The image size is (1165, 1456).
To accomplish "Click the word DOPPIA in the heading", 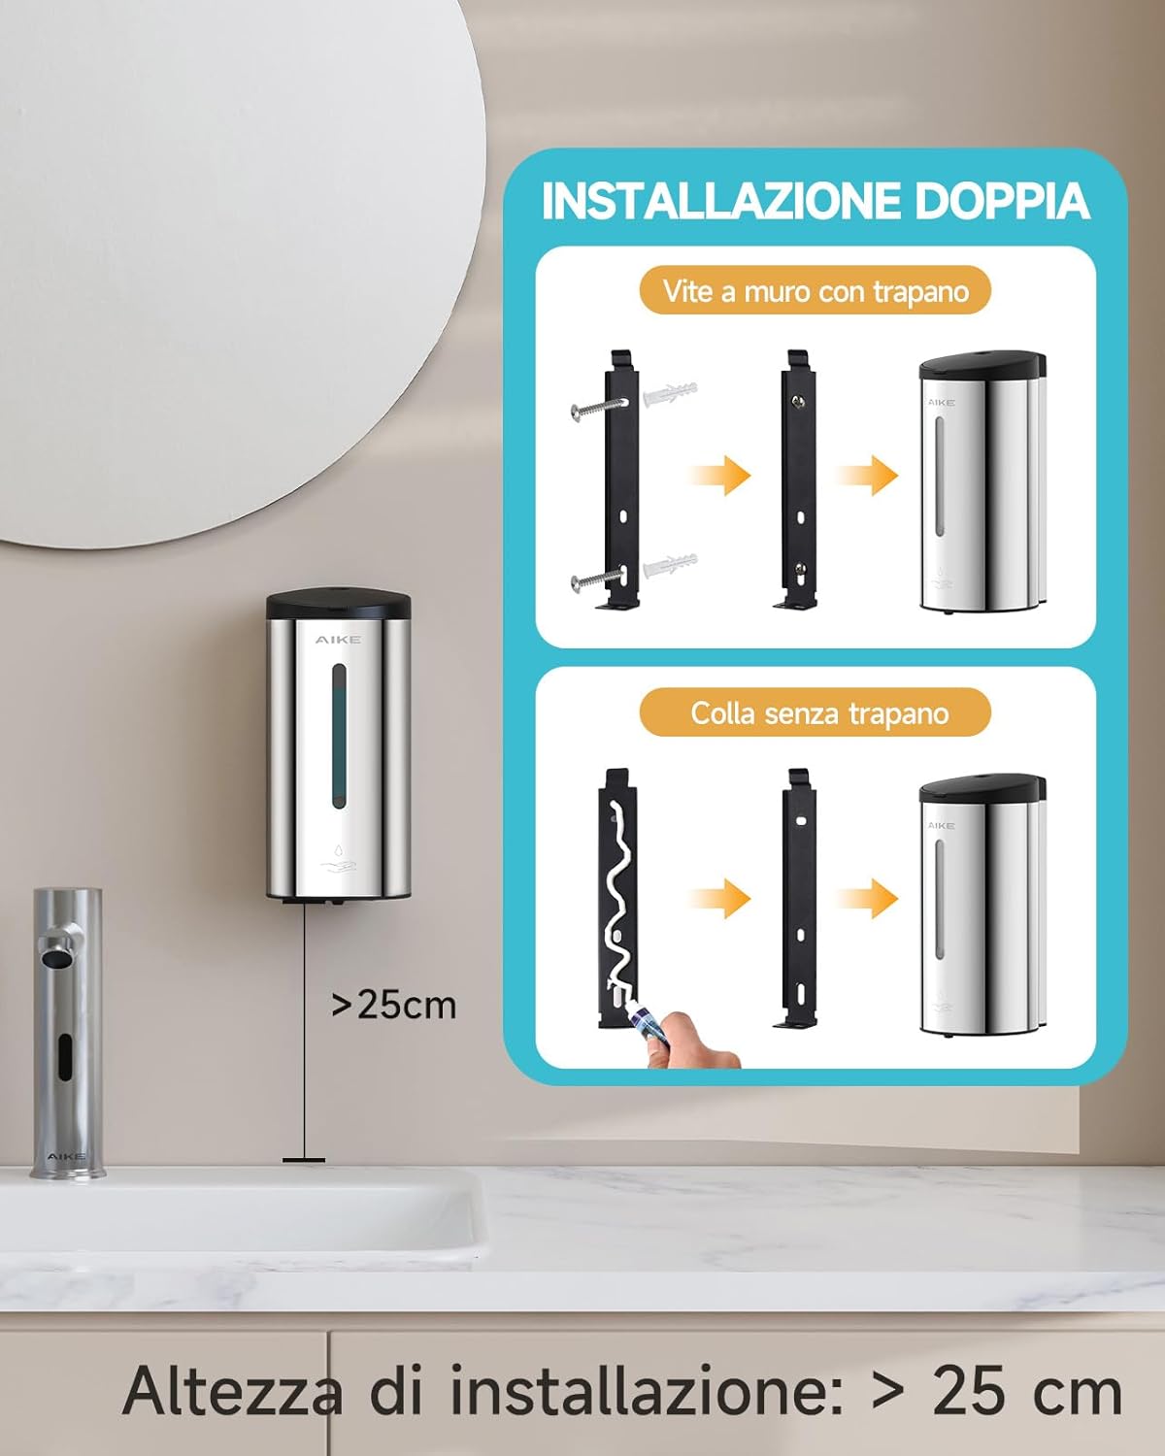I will [x=1001, y=201].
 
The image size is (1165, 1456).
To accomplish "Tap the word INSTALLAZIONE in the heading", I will [x=719, y=201].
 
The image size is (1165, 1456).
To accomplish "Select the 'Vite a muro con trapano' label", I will [x=815, y=291].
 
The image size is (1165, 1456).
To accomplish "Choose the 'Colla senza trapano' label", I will [x=819, y=713].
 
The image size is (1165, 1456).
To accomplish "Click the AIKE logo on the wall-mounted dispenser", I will [x=338, y=640].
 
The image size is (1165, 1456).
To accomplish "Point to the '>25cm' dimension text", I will [x=393, y=1005].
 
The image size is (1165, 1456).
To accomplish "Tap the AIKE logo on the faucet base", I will [x=66, y=1156].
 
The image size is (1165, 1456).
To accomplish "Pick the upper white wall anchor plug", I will [x=670, y=394].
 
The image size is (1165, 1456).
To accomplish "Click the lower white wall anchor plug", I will [x=670, y=564].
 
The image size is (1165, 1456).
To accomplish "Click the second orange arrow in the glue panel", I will [x=869, y=898].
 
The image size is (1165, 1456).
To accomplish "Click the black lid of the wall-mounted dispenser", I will [x=338, y=604].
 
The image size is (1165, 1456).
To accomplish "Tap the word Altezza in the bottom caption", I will [x=232, y=1391].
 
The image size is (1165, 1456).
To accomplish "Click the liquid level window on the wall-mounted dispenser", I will [x=338, y=735].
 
